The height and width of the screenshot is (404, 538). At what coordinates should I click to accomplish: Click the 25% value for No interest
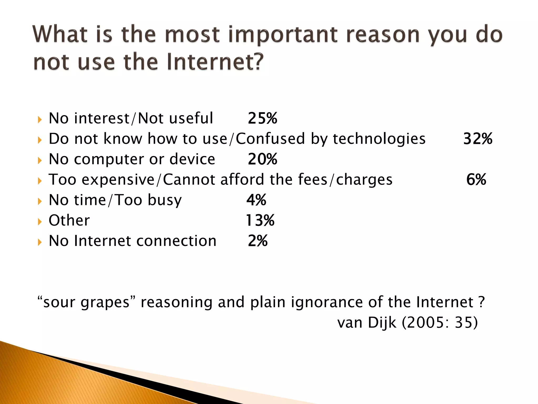click(262, 118)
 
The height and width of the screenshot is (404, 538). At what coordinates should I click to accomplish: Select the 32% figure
click(478, 139)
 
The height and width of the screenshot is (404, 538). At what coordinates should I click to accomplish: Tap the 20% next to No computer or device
click(262, 159)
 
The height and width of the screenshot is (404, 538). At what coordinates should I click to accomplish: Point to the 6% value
click(476, 180)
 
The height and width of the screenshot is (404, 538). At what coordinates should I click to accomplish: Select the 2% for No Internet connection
click(258, 241)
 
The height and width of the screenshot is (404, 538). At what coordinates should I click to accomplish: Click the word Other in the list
click(69, 220)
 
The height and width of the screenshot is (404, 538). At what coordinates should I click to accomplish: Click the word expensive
click(118, 180)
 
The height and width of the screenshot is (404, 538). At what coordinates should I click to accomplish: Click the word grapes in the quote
click(105, 302)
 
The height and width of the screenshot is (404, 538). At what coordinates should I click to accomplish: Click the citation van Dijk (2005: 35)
click(407, 322)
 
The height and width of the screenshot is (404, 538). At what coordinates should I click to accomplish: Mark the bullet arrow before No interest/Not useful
click(40, 120)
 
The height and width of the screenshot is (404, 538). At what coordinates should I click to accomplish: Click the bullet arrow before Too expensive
click(40, 181)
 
